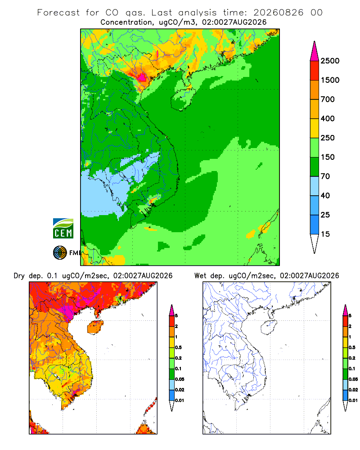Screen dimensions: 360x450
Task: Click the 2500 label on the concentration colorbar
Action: coord(330,61)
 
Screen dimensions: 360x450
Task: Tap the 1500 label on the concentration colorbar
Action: coord(330,80)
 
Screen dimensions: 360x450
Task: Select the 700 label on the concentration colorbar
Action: coord(328,99)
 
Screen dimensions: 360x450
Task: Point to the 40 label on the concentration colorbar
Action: coord(325,195)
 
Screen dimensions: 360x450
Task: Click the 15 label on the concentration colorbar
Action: coord(325,234)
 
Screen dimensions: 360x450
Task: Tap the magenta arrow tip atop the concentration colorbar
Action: coord(315,51)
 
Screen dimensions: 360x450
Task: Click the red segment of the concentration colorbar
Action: coord(315,71)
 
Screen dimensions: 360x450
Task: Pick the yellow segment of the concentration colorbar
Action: coord(315,128)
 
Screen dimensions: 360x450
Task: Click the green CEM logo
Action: coord(63,229)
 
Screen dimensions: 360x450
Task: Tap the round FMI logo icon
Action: coord(60,253)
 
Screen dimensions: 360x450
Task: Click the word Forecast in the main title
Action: coord(58,13)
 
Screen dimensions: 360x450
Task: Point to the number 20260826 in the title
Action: coord(278,13)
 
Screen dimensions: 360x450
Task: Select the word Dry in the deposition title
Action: coord(19,276)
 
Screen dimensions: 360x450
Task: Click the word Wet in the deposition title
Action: coord(200,276)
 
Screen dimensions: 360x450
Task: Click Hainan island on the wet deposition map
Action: coord(269,327)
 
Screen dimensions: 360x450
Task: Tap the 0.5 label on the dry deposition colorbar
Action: coord(179,347)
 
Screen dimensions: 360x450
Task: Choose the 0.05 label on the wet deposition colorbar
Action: coord(353,379)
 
